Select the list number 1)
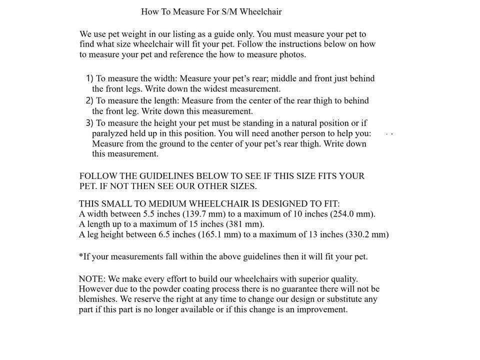(x=89, y=78)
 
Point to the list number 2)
(x=89, y=100)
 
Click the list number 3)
(x=89, y=122)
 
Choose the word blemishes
(x=98, y=299)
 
